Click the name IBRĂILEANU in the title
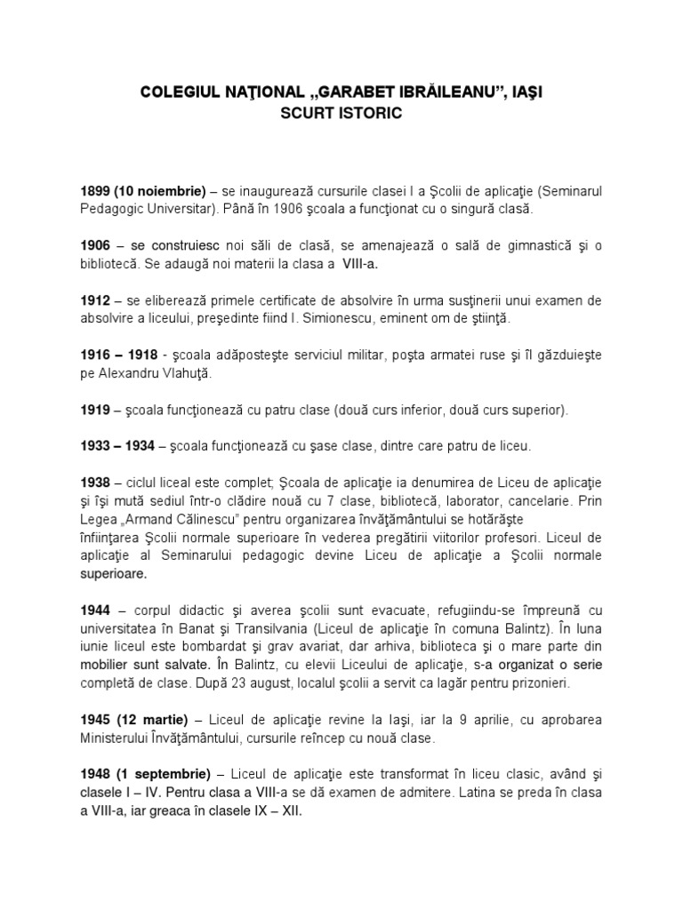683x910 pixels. pyautogui.click(x=424, y=92)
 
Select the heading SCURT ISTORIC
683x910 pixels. pyautogui.click(x=341, y=114)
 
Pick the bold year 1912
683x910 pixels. pyautogui.click(x=96, y=301)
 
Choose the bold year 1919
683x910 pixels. pyautogui.click(x=96, y=410)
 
